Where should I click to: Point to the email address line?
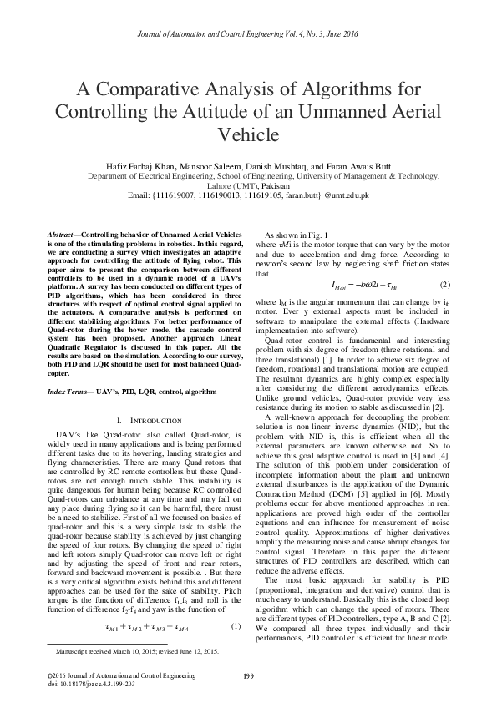(247, 196)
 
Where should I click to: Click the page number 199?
(247, 675)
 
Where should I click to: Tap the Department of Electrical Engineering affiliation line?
(247, 177)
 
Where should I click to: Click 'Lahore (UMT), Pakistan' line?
(247, 186)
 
